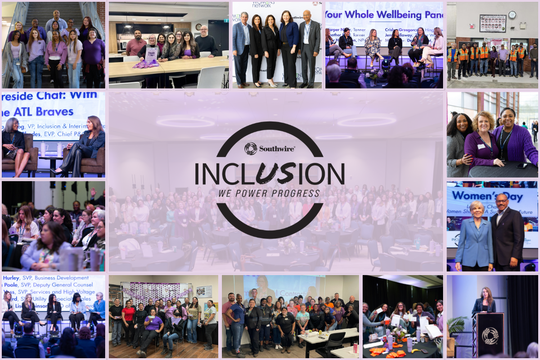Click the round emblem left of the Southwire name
[251, 148]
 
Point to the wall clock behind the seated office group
[198, 27]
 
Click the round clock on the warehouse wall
[512, 14]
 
